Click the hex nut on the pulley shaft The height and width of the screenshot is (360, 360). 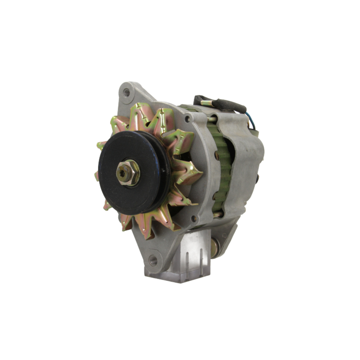point(128,173)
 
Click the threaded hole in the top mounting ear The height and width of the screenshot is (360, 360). point(126,93)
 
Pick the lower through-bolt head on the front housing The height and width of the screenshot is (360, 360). point(194,218)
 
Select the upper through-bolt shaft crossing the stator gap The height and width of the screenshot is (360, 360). point(212,118)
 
